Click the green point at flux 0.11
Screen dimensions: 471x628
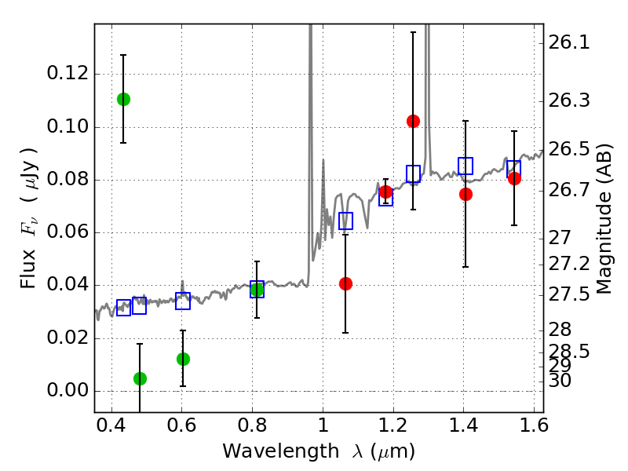123,99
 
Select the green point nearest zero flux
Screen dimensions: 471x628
140,378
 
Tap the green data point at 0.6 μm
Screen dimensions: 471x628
183,359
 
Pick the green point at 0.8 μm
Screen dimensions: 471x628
257,290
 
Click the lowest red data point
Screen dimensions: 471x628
345,283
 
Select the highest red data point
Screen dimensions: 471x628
413,121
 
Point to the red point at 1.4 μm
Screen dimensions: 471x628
466,194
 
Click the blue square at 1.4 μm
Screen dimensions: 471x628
466,166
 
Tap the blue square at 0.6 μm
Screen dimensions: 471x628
183,301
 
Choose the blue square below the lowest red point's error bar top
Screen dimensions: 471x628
345,221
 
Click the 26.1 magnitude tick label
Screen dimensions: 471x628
568,42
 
